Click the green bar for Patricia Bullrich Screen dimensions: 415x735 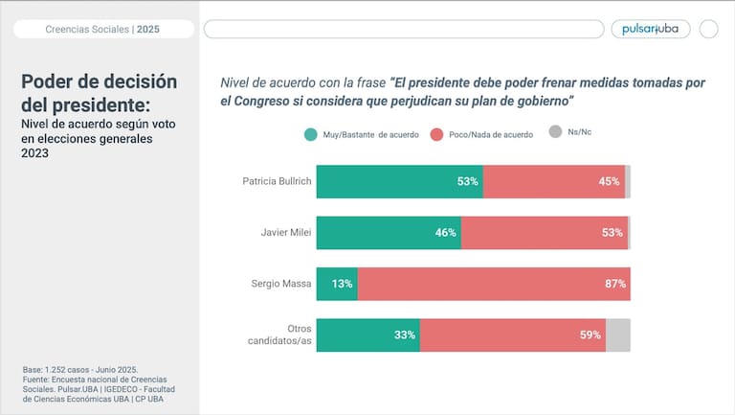(x=399, y=182)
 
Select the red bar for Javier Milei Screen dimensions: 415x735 (x=544, y=233)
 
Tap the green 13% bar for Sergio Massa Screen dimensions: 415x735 (x=336, y=284)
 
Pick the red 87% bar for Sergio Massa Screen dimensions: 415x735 (x=493, y=284)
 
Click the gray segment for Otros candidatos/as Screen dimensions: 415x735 (x=617, y=335)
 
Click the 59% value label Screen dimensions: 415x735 (x=590, y=335)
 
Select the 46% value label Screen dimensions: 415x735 (x=445, y=233)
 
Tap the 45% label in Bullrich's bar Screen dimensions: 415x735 (x=610, y=182)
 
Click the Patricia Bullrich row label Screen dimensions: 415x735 (x=278, y=181)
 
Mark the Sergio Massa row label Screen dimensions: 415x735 (x=283, y=284)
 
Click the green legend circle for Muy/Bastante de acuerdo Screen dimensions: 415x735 (x=311, y=134)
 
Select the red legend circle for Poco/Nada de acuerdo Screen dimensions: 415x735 (x=437, y=134)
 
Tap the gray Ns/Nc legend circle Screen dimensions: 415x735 (x=555, y=132)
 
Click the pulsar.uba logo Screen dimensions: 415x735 (x=650, y=29)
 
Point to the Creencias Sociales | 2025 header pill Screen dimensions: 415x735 (x=103, y=30)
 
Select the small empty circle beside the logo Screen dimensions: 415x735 (x=708, y=29)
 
